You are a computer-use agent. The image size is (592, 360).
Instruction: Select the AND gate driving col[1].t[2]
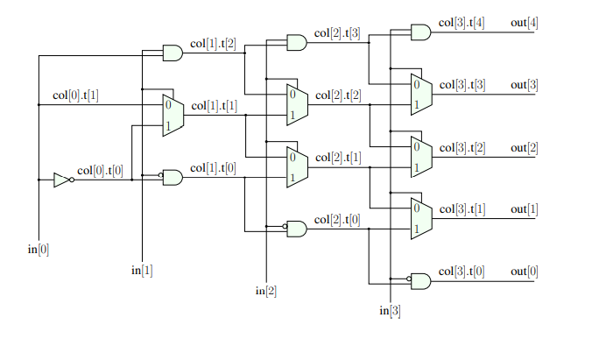(173, 53)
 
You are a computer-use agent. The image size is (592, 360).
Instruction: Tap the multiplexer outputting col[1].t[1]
(173, 115)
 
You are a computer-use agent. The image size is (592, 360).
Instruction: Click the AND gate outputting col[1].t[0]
(173, 178)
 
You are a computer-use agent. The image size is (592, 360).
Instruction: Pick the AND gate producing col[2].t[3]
(297, 42)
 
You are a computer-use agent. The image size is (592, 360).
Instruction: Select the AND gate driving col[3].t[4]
(421, 33)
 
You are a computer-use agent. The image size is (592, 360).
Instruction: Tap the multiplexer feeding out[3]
(421, 95)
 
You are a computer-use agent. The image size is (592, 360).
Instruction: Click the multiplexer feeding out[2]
(421, 157)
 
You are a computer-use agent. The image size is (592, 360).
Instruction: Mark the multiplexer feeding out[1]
(421, 219)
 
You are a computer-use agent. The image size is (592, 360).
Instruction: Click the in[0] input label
(39, 250)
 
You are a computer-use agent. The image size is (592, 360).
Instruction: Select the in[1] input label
(142, 270)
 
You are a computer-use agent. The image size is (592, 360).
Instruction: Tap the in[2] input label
(266, 291)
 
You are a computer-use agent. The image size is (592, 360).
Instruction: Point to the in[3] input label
(390, 311)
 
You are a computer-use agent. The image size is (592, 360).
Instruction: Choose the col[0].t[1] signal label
(75, 95)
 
